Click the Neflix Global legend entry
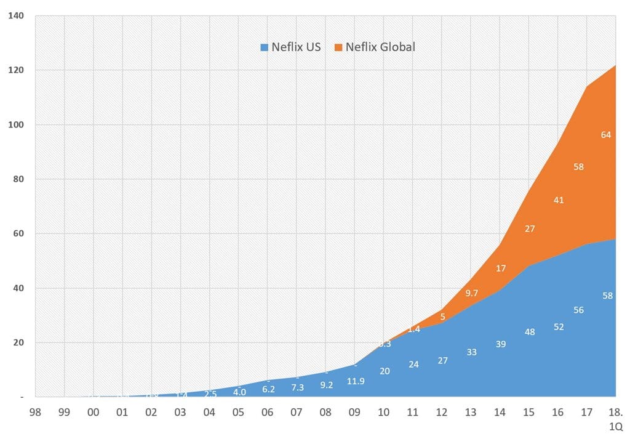375,47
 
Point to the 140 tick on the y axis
17,16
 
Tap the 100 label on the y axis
17,125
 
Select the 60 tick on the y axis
19,234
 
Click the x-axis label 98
36,412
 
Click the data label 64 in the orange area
606,135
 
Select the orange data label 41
558,200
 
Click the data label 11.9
356,381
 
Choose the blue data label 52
559,327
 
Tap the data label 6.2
268,389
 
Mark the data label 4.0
239,392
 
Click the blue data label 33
472,352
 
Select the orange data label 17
501,268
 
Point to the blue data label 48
530,332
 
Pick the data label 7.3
297,388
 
